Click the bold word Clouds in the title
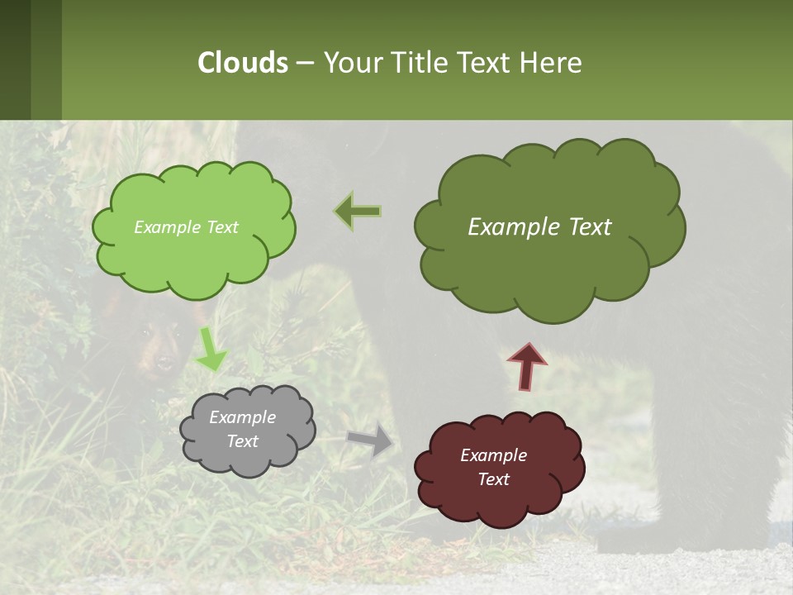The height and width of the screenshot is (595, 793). point(243,62)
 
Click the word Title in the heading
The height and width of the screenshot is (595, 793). point(420,62)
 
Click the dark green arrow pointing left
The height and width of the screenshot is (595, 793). point(359,212)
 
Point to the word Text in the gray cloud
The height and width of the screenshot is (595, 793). point(243,441)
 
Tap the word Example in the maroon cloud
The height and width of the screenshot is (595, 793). point(493,455)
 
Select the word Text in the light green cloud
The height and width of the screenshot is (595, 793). point(221,227)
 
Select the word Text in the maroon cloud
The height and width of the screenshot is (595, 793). point(493,479)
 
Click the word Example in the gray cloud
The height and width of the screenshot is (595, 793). point(243,417)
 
